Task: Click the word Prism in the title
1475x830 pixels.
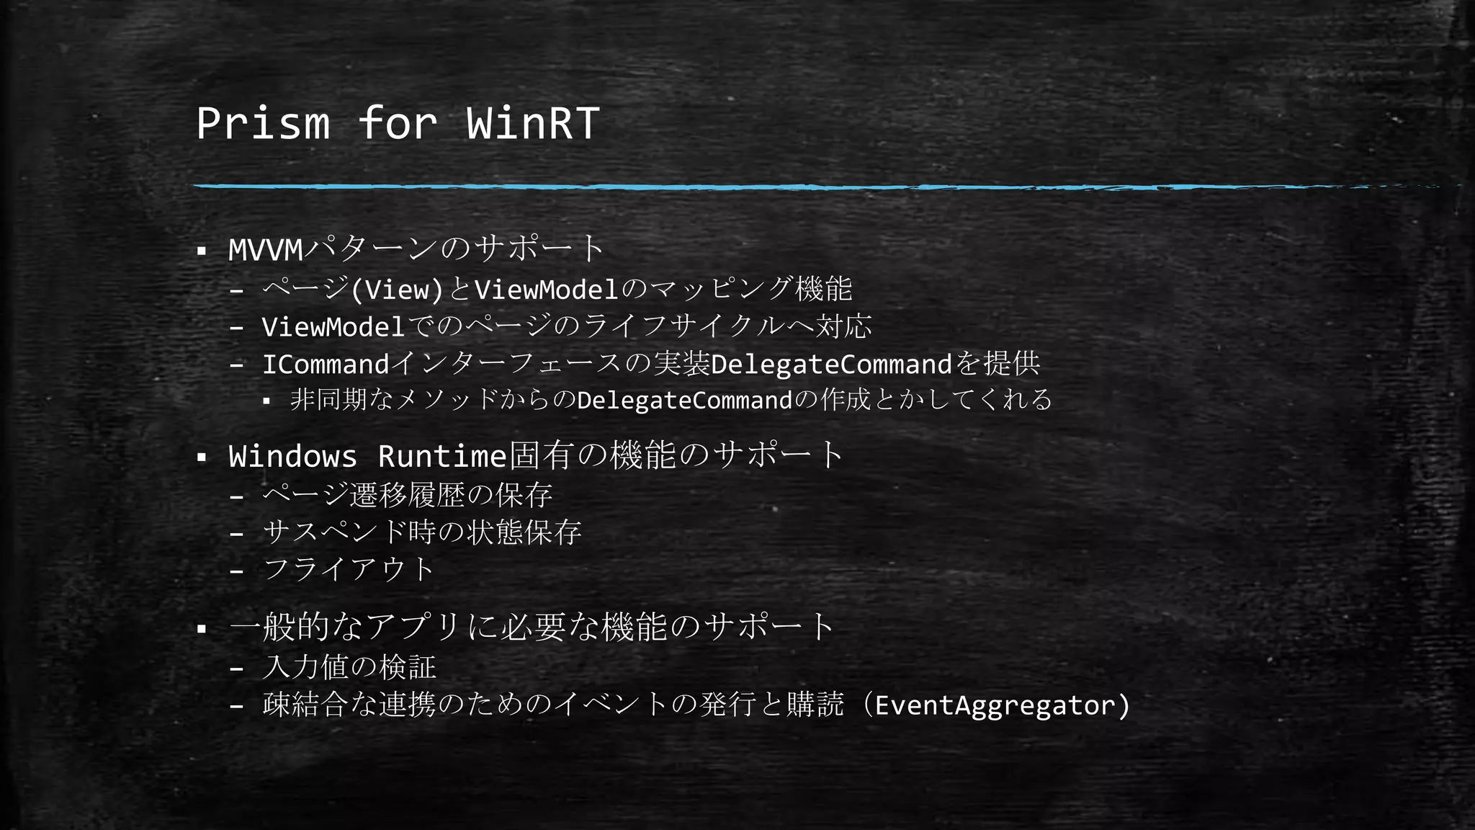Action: tap(263, 123)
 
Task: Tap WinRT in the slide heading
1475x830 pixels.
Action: tap(532, 123)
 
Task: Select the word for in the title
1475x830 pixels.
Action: tap(397, 123)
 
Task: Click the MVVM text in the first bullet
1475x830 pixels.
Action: tap(266, 250)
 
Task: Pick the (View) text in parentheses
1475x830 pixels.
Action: tap(397, 290)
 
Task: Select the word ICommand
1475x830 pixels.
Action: tap(326, 365)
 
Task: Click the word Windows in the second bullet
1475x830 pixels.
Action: tap(292, 456)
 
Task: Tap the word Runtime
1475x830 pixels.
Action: tap(442, 456)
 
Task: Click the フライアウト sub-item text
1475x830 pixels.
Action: tap(349, 570)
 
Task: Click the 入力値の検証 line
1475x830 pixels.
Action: tap(349, 667)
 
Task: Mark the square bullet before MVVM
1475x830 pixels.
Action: tap(202, 251)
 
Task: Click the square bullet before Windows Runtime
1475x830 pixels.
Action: tap(202, 458)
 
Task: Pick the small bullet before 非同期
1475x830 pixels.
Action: tap(266, 401)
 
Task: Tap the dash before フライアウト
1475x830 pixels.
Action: tap(236, 571)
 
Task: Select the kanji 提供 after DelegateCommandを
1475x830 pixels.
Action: tap(1012, 365)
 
